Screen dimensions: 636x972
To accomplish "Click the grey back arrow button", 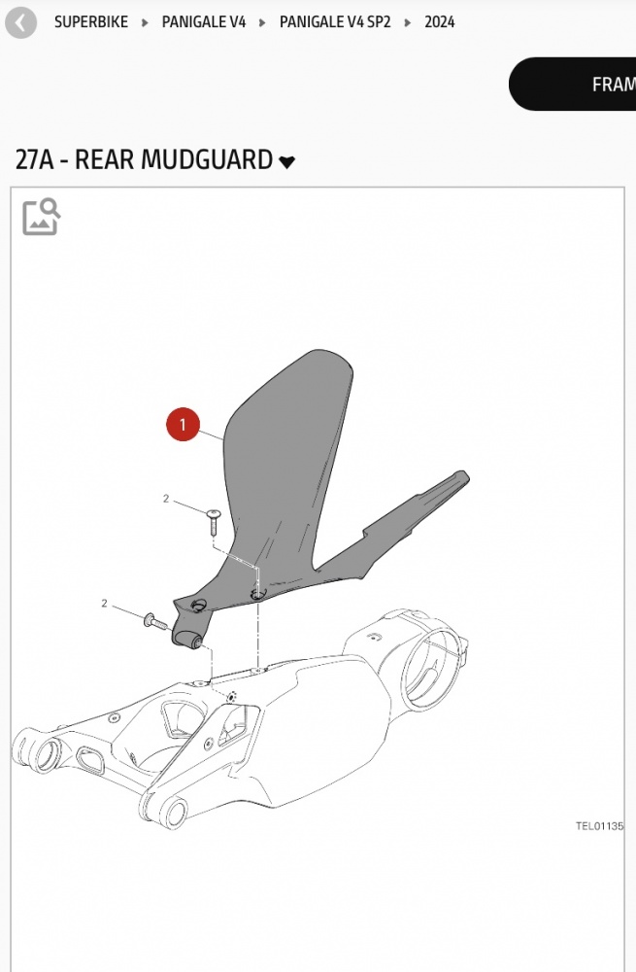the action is point(21,23).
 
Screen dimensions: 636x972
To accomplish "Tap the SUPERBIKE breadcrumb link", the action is point(91,22).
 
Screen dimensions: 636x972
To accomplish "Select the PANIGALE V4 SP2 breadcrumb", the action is point(335,22).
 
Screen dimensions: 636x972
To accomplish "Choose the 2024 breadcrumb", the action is point(440,22).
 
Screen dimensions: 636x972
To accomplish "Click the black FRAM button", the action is point(573,84).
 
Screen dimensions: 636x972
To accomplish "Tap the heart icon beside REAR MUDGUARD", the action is point(286,161).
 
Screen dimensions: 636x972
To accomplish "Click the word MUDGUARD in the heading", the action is point(208,159).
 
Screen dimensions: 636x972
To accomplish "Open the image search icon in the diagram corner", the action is point(42,217).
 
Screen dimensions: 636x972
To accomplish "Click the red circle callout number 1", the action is point(183,425).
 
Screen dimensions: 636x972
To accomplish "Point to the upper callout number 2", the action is point(166,499).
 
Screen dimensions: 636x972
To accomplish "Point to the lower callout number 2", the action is point(104,604).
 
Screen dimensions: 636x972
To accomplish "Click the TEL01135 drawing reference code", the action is point(599,825).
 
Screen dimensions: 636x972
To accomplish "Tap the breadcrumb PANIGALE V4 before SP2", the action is point(204,22).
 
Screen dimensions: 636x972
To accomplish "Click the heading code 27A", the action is point(34,159).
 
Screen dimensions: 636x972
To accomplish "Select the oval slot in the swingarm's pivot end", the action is point(90,760).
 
